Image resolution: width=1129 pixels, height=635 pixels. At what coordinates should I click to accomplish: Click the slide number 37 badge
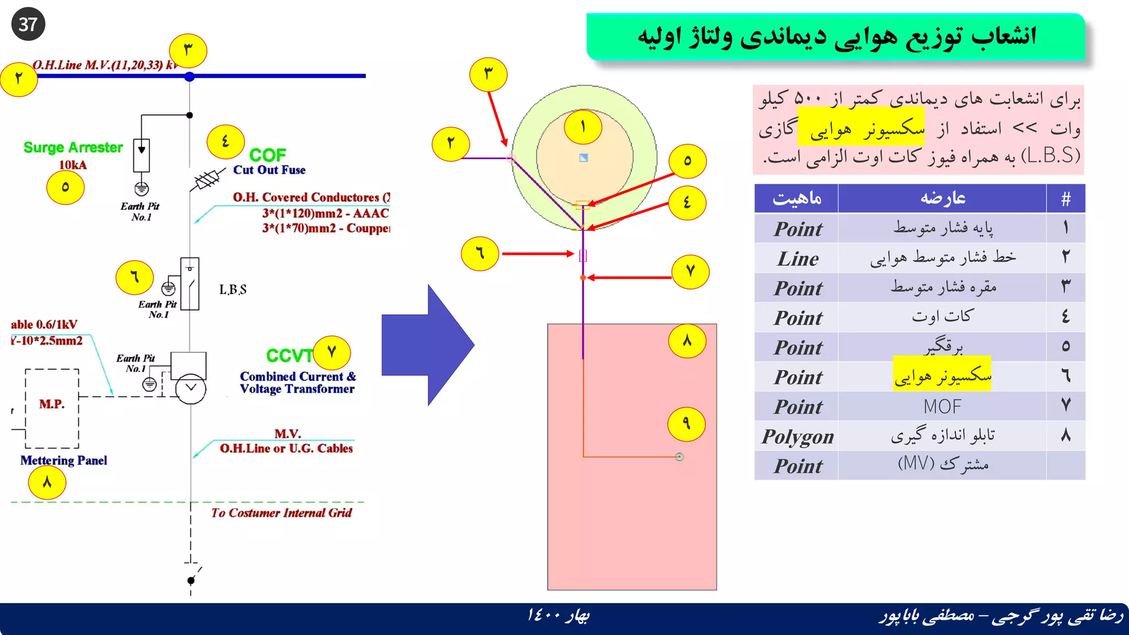point(28,24)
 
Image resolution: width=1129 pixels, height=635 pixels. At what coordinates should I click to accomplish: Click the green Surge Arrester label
point(73,148)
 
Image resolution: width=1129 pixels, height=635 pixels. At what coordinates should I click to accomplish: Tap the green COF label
point(267,155)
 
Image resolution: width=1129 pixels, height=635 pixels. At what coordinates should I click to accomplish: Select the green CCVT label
point(289,356)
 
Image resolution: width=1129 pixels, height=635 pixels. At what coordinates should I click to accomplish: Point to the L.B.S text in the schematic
point(233,289)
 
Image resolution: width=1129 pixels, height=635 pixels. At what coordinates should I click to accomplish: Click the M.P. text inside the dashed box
point(52,404)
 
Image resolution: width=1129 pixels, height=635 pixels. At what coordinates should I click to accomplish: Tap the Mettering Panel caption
point(64,460)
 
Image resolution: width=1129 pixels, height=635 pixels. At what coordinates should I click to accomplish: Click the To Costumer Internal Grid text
point(281,513)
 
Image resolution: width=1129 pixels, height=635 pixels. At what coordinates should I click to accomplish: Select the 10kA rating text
point(73,165)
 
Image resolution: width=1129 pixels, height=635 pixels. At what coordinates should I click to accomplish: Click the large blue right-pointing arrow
point(427,345)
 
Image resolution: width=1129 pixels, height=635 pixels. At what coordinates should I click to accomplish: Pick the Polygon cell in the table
point(797,437)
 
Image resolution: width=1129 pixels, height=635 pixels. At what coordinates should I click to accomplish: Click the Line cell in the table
point(798,259)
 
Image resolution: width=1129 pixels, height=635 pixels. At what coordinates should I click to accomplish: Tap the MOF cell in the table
point(942,407)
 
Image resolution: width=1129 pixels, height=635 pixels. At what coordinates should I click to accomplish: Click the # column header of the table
point(1066,198)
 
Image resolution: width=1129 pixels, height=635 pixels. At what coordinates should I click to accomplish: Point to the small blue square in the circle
point(584,158)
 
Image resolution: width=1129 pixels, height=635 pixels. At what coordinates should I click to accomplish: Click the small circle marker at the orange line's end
point(679,457)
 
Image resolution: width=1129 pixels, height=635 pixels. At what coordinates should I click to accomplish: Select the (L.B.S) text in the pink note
point(1050,156)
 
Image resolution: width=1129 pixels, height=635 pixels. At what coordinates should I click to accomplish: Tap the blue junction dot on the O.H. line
point(190,77)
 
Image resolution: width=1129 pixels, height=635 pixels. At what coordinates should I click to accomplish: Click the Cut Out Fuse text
point(269,170)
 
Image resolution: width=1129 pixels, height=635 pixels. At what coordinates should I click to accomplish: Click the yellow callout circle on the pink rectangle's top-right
point(687,341)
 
